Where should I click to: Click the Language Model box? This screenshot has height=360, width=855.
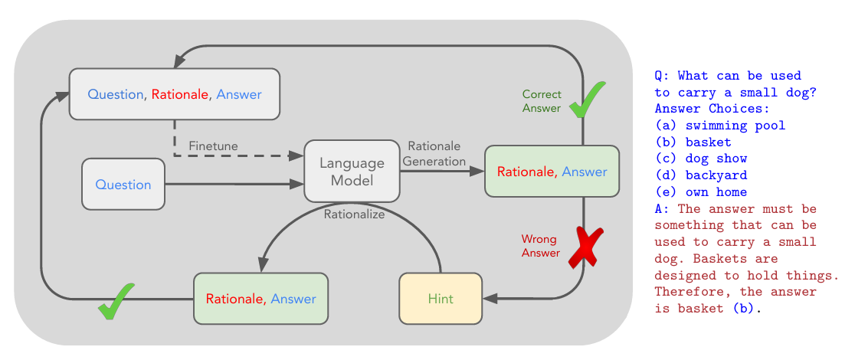[352, 171]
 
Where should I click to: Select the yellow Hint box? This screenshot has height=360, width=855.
[441, 299]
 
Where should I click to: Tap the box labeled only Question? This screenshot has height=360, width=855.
[123, 184]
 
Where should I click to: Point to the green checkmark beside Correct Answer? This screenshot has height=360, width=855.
[586, 100]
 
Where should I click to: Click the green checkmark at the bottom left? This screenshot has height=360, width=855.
[116, 300]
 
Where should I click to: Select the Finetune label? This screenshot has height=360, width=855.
[213, 146]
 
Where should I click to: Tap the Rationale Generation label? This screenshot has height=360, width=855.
[434, 153]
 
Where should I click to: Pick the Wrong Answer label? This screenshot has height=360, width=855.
[540, 246]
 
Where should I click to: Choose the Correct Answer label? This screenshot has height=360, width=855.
[542, 101]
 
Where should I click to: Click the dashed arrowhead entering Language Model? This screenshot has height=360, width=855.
[296, 155]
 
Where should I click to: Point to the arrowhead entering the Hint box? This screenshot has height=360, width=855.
[490, 299]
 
